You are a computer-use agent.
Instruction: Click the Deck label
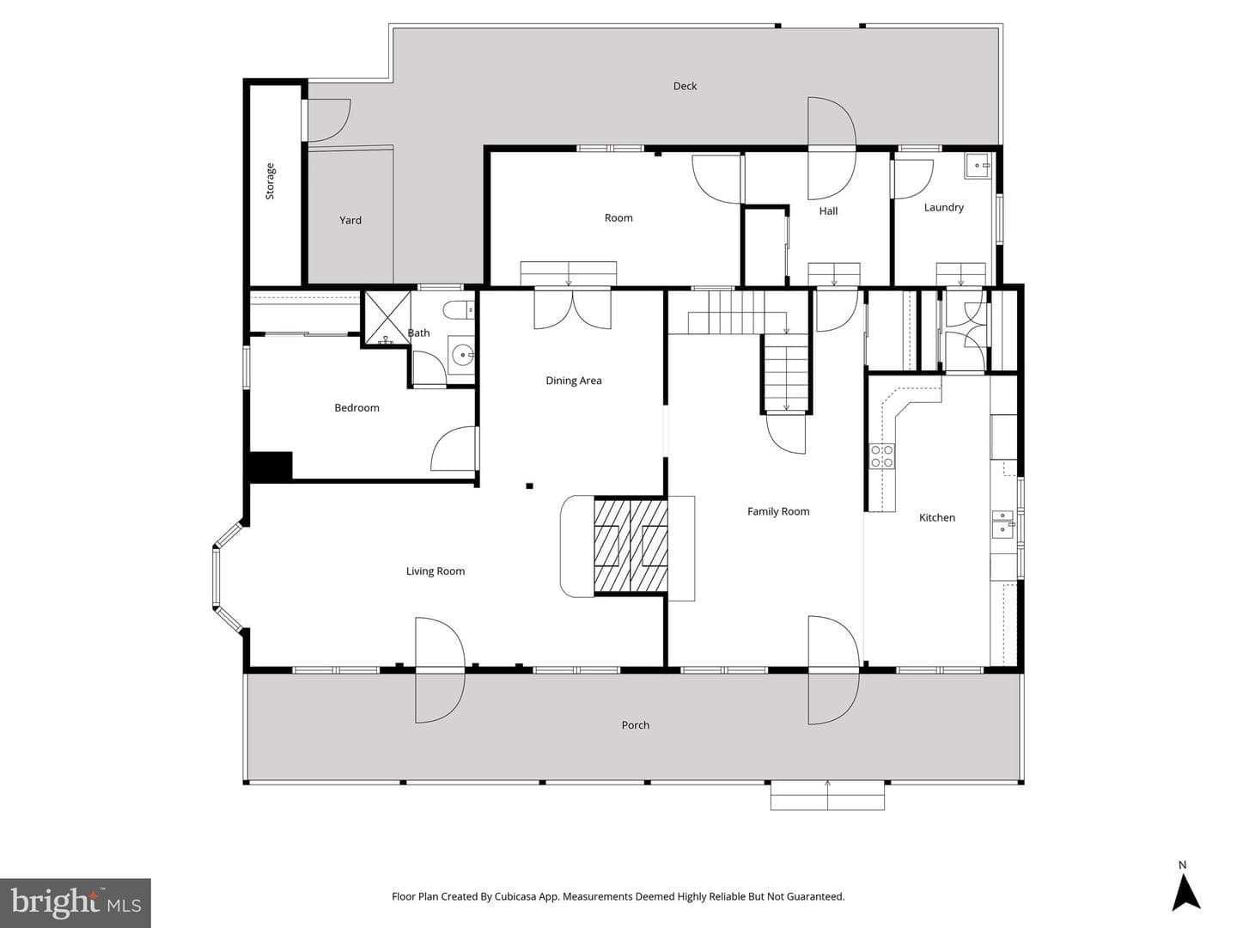(685, 86)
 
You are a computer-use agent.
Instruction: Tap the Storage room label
(270, 180)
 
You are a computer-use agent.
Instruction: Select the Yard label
(350, 220)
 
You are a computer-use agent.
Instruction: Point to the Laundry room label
(943, 207)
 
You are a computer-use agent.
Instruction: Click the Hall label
(828, 211)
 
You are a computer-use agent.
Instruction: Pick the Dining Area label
(573, 381)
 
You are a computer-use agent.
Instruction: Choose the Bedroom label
(356, 408)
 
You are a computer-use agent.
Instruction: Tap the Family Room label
(777, 511)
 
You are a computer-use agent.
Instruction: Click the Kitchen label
(936, 518)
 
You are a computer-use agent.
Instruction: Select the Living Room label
(435, 571)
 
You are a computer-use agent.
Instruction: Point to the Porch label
(635, 725)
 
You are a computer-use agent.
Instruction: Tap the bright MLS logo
(76, 902)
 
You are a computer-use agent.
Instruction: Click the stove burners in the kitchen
(882, 456)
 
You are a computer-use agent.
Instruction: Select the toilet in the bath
(458, 310)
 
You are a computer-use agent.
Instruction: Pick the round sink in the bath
(462, 355)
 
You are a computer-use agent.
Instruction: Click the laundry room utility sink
(978, 166)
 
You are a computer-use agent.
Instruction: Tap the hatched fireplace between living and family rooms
(631, 546)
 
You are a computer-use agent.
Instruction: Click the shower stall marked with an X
(387, 318)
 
